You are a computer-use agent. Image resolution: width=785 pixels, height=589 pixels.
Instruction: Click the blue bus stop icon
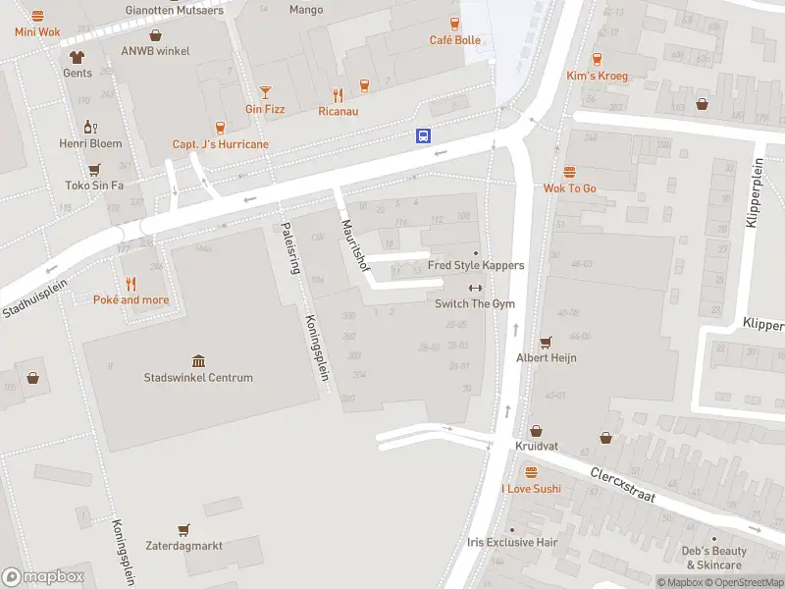[424, 136]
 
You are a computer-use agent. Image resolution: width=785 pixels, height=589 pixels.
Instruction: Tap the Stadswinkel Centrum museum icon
[199, 361]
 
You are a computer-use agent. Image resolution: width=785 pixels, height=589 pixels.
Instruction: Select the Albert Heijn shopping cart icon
[547, 342]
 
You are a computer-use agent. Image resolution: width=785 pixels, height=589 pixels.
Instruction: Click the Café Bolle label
[455, 40]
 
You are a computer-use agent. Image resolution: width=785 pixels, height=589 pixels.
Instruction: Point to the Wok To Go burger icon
[570, 172]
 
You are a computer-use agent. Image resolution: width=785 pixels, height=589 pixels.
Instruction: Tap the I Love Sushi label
[531, 489]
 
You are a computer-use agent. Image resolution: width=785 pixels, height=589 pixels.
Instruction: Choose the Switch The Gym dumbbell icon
[476, 288]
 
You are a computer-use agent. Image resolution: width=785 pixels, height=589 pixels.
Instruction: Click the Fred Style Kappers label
[476, 265]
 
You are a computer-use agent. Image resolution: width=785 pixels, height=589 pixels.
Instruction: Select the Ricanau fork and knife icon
[339, 95]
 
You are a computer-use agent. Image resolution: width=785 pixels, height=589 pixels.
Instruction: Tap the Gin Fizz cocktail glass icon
[265, 92]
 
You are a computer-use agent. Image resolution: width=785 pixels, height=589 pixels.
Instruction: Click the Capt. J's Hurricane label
[221, 144]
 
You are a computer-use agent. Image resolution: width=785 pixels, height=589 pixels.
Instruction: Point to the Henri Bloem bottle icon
[90, 127]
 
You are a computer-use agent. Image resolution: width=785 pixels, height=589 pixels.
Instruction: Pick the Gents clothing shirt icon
[78, 56]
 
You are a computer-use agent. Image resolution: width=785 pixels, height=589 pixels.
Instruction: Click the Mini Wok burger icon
[37, 16]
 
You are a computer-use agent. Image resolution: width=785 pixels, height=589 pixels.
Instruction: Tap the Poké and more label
[131, 299]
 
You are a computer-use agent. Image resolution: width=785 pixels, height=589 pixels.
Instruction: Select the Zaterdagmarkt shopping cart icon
[183, 529]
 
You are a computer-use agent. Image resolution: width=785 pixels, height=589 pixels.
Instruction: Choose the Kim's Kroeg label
[597, 76]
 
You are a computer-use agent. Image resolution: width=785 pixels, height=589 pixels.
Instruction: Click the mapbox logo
[43, 577]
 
